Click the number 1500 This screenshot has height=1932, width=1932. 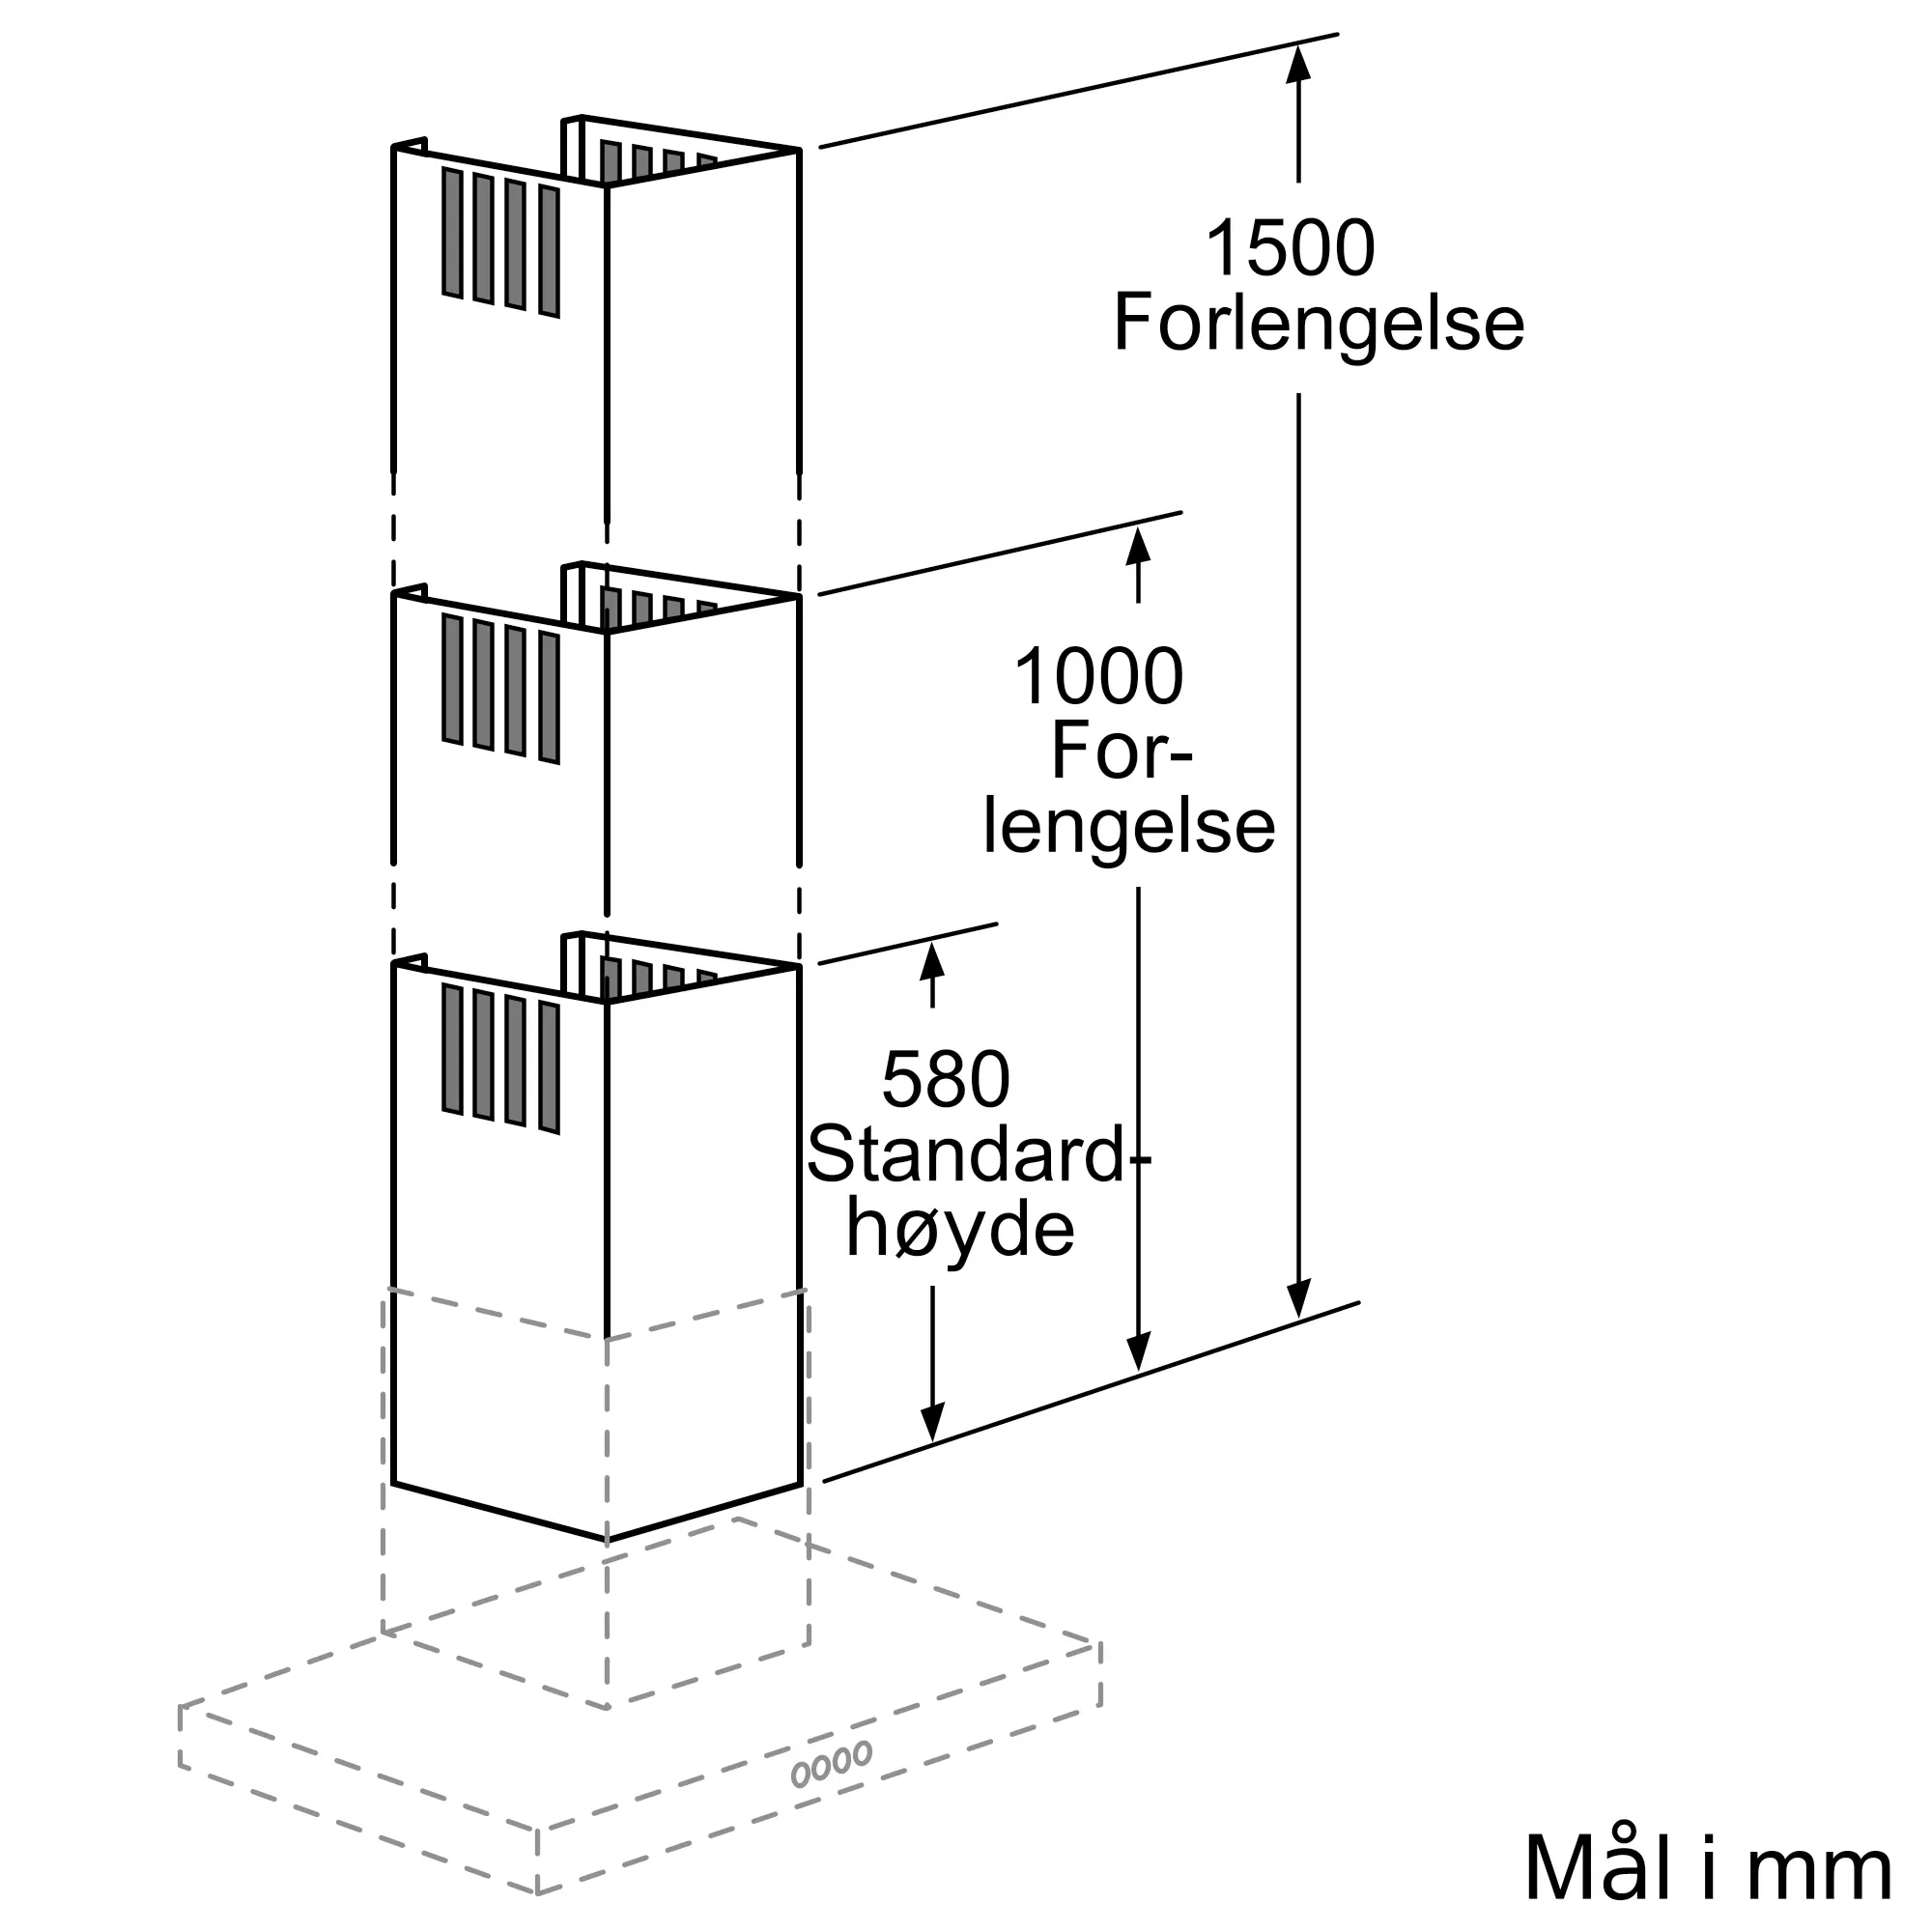1290,249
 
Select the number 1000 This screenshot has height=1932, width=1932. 1099,677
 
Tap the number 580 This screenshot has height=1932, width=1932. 946,1080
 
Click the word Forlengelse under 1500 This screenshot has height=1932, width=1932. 1318,323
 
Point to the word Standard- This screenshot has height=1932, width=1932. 978,1156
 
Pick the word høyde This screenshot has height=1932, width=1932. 960,1229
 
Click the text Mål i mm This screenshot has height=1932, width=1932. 1708,1868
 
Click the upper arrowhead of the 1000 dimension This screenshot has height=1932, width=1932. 1138,546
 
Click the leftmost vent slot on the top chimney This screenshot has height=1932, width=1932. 452,233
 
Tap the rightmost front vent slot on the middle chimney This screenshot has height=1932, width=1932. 548,698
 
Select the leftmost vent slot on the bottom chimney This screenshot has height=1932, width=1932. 452,1049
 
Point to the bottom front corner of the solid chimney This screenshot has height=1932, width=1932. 606,1540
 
